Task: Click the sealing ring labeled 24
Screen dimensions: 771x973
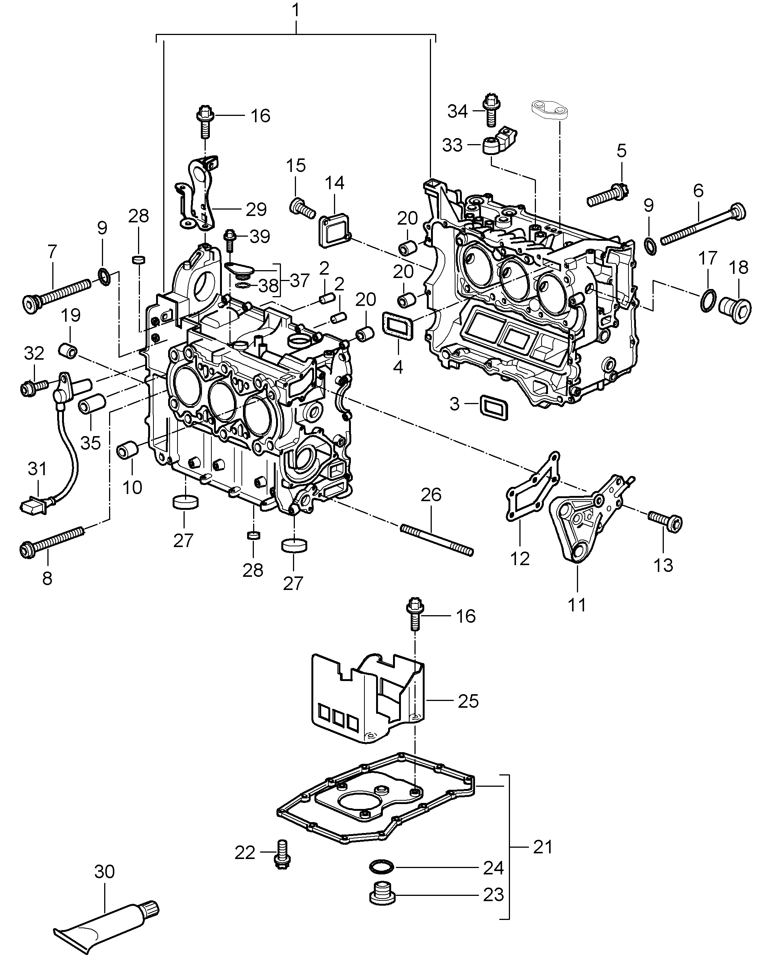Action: click(x=382, y=867)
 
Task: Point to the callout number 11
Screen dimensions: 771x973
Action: click(x=577, y=604)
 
